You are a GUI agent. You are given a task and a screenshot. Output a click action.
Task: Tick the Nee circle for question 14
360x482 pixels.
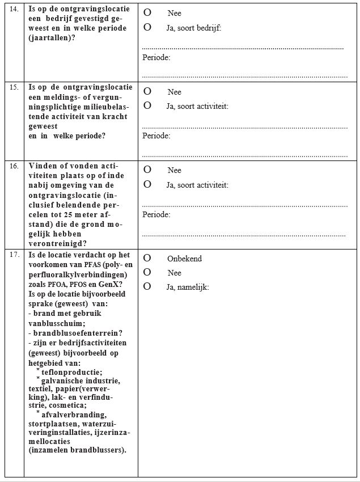click(x=147, y=12)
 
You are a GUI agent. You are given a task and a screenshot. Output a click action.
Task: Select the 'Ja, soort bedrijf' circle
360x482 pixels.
click(x=147, y=27)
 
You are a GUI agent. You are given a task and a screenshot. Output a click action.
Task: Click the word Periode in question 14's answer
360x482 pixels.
click(x=156, y=58)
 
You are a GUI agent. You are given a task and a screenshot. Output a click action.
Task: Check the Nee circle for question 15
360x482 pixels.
click(x=147, y=91)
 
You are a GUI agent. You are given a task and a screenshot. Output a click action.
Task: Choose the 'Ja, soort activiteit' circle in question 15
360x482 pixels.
click(x=147, y=105)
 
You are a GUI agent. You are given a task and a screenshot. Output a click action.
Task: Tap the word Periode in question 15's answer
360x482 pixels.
click(x=156, y=136)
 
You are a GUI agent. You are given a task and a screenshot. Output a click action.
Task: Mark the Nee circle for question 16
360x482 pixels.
click(x=147, y=170)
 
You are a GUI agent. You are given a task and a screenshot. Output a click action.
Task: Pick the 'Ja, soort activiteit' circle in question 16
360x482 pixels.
click(x=147, y=184)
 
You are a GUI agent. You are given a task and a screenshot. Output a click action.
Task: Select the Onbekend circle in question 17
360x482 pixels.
click(x=147, y=258)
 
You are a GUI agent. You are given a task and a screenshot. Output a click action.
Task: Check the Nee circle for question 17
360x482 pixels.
click(x=147, y=273)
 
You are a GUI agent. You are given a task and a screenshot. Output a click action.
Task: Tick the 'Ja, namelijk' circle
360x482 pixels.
click(x=147, y=287)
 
